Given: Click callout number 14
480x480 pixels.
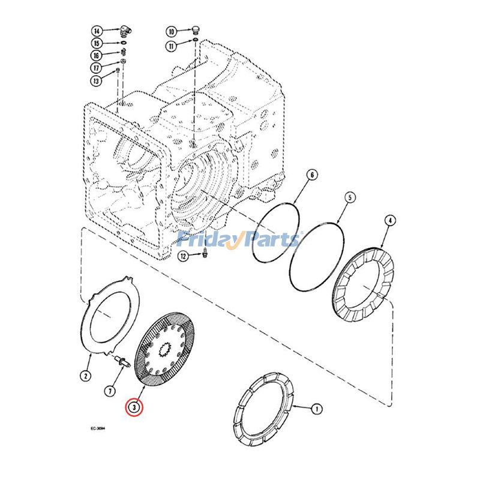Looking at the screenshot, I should [97, 31].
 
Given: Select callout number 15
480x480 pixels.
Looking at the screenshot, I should [97, 43].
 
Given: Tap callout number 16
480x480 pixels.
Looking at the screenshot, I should [97, 56].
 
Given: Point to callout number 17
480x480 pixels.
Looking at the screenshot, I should [97, 68].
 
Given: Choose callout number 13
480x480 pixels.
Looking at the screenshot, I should [97, 80].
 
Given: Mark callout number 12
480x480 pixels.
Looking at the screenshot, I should [183, 256].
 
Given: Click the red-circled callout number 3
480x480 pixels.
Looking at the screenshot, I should [136, 407].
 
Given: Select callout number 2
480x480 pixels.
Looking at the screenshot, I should [85, 376].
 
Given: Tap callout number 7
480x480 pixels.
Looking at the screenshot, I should [109, 391].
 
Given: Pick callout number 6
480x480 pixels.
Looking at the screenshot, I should [311, 175].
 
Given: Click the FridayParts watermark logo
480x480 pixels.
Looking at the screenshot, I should [239, 240].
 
